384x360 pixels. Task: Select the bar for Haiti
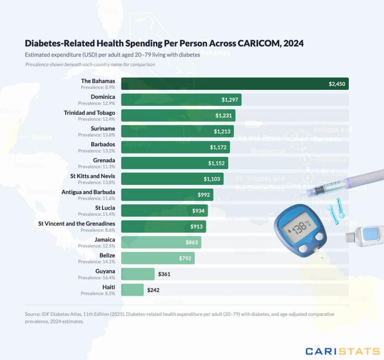[132, 289]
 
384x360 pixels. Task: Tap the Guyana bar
[138, 274]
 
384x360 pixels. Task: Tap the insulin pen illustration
[342, 183]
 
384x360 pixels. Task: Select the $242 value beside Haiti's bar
[153, 289]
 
